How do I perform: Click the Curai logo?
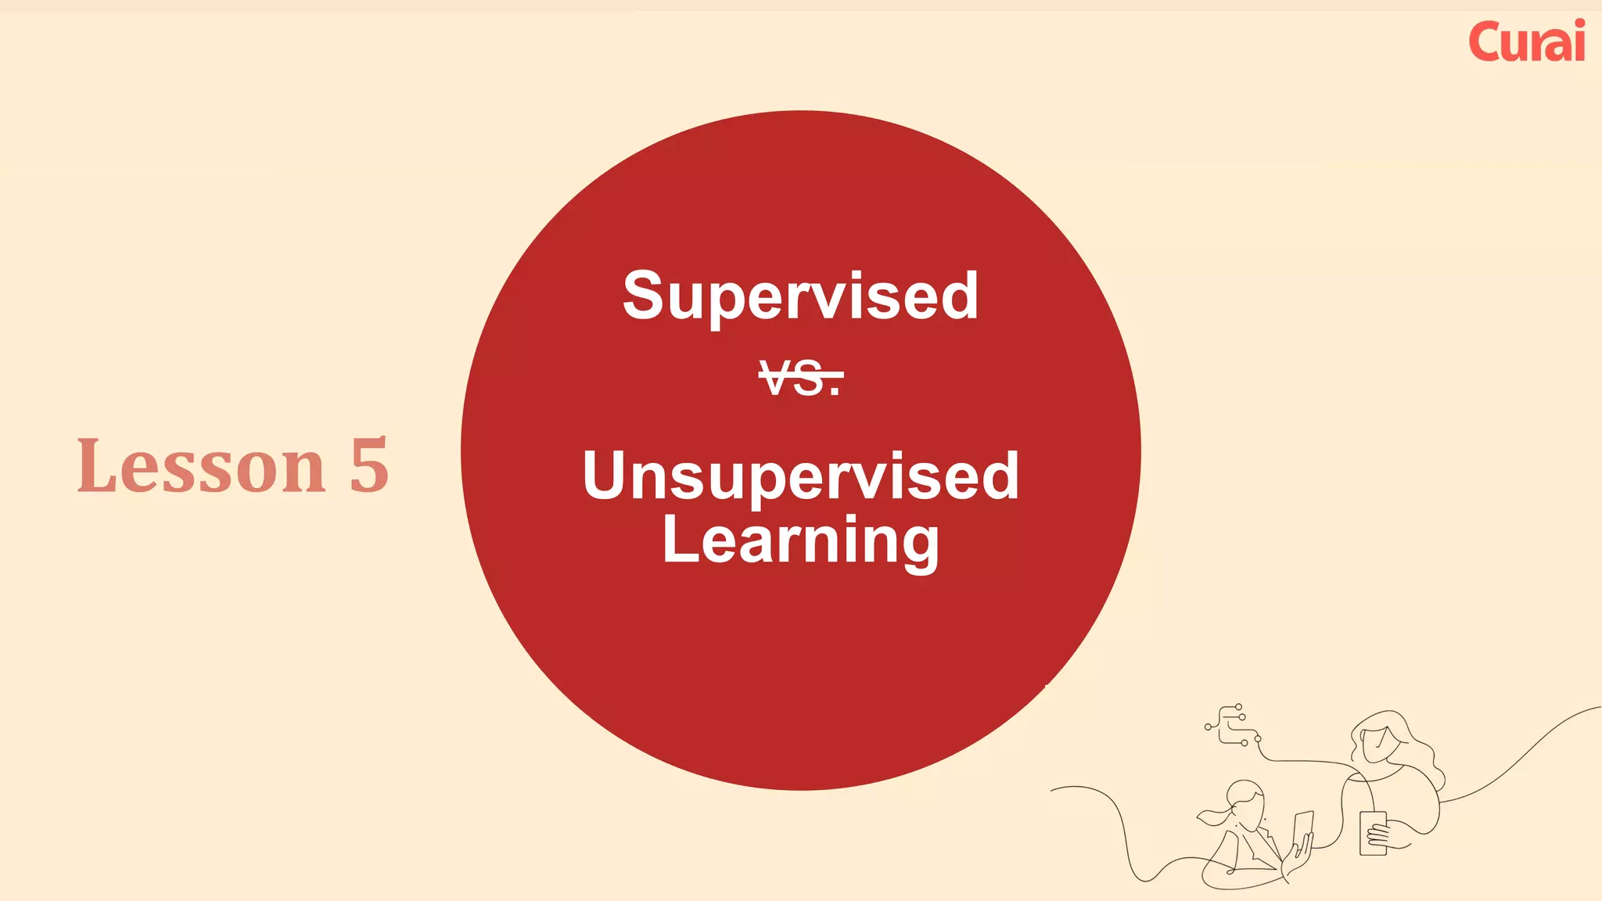point(1526,41)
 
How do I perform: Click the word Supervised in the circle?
point(800,296)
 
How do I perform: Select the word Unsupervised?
point(800,476)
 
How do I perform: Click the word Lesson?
point(201,466)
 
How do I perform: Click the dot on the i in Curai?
point(1578,25)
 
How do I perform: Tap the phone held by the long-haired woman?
point(1373,832)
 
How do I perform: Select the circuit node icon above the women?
point(1232,725)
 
